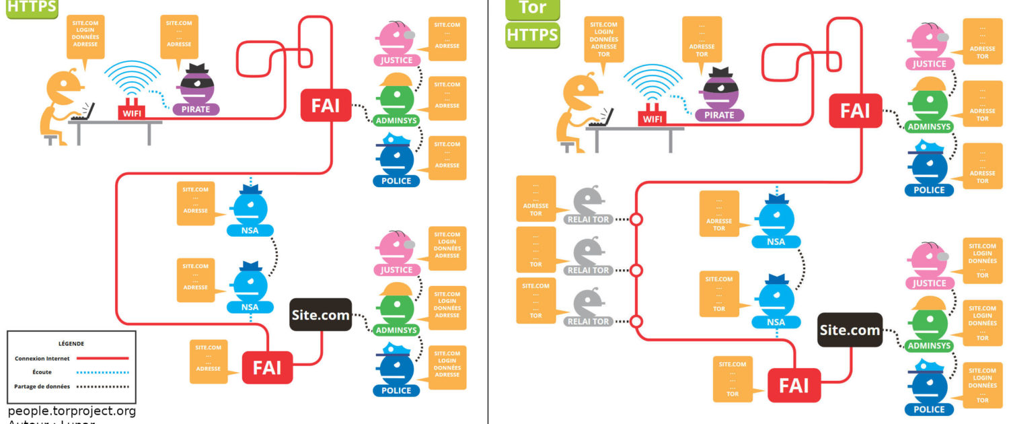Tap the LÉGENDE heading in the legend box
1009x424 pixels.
71,343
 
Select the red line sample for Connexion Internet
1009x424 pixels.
104,358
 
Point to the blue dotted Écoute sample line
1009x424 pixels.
104,372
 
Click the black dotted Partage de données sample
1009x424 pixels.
104,386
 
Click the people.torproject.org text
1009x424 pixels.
71,411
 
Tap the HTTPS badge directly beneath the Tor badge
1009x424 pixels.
533,34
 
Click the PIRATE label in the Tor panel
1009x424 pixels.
719,115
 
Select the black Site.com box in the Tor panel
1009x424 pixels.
850,330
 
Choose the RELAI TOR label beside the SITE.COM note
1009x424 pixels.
589,322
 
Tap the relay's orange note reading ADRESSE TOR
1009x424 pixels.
536,199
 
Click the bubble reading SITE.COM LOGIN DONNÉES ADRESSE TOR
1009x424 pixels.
603,39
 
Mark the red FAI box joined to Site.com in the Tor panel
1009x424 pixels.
794,386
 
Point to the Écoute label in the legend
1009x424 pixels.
42,372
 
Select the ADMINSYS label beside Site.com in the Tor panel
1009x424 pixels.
929,346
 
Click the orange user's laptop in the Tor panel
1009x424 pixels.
605,118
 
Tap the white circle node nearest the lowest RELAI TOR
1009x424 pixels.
636,320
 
